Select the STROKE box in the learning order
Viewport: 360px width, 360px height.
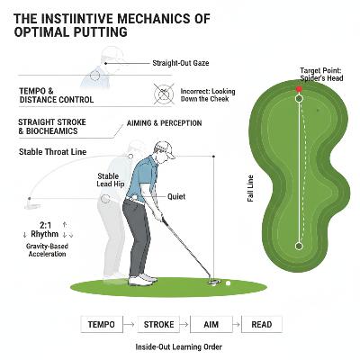pyautogui.click(x=164, y=324)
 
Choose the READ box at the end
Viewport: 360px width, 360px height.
pyautogui.click(x=261, y=324)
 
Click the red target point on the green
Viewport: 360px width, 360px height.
pyautogui.click(x=300, y=90)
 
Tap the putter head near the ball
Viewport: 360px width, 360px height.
pyautogui.click(x=212, y=282)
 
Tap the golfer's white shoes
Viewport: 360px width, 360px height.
pyautogui.click(x=142, y=280)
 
